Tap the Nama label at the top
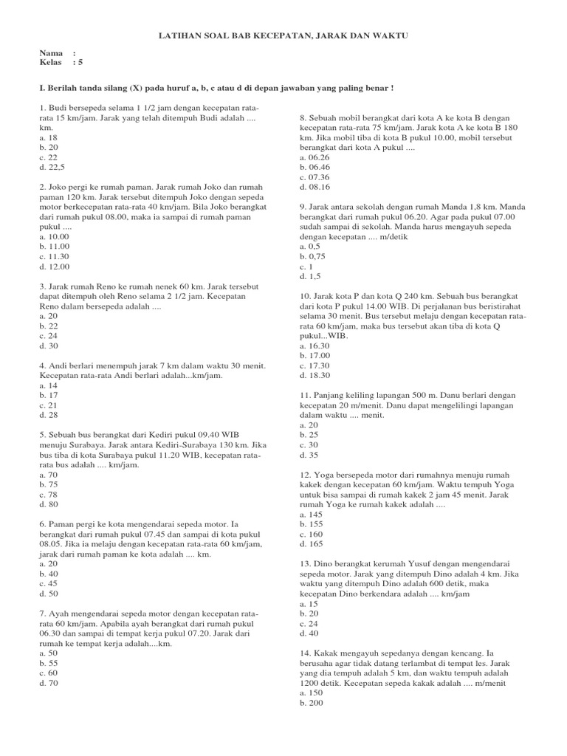tap(51, 54)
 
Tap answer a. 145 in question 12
tap(312, 513)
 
